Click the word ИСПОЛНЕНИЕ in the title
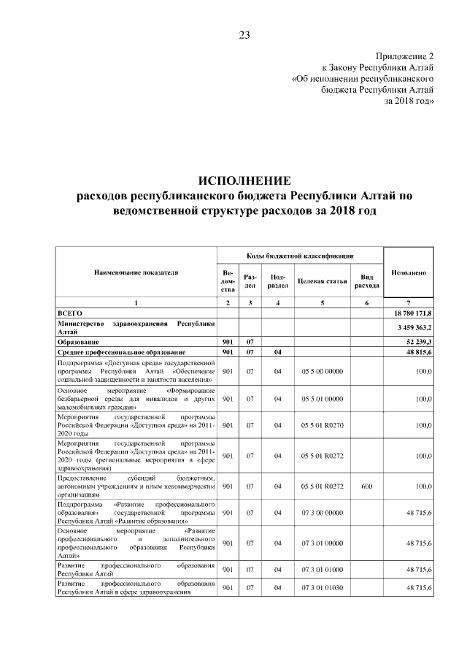coord(244,180)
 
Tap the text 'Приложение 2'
coord(405,56)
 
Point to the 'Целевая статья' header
coord(322,281)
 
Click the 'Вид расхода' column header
coord(367,281)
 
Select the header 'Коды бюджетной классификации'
coord(300,256)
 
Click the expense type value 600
coord(366,484)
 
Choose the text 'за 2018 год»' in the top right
coord(409,101)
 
